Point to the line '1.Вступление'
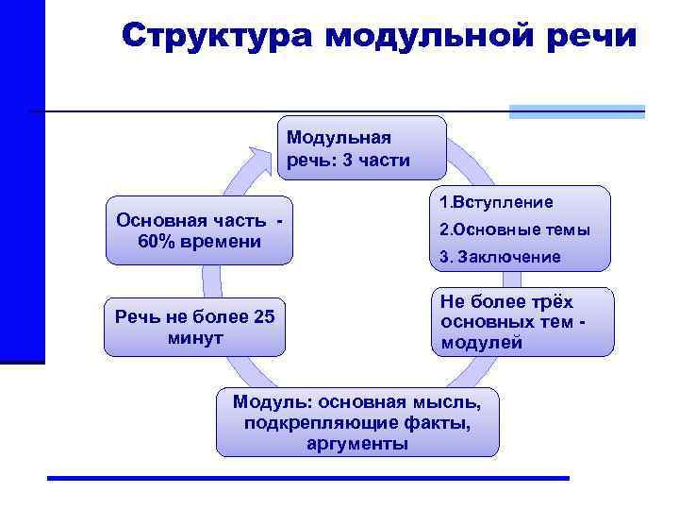pos(496,202)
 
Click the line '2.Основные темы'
pos(515,229)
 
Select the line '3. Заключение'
pos(500,257)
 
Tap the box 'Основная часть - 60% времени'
pos(198,230)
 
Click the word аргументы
pos(357,443)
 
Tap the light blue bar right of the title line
pos(576,111)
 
